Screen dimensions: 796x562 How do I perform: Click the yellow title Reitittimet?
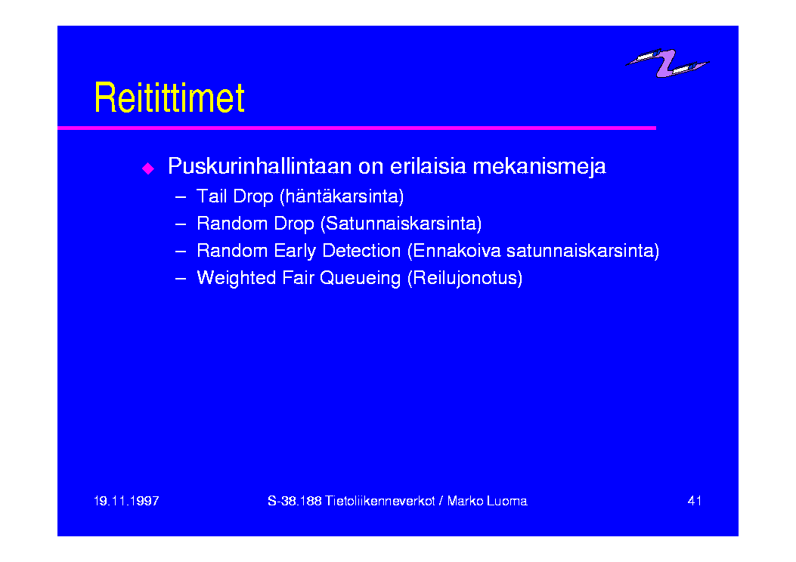tap(169, 97)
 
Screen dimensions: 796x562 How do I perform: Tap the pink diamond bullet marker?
tap(148, 168)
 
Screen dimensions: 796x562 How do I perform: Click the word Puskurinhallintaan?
tap(259, 166)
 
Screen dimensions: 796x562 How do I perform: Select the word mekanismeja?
tap(539, 166)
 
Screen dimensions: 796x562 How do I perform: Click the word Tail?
tap(211, 196)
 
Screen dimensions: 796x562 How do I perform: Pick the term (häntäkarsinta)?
tap(342, 196)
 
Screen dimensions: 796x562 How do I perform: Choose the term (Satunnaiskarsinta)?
tap(401, 223)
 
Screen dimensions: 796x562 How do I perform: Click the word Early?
tap(295, 251)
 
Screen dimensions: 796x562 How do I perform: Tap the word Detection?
tap(361, 251)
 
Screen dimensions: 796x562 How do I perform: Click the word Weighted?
tap(237, 279)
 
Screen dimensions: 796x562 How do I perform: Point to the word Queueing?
tap(360, 279)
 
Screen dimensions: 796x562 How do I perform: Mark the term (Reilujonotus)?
tap(465, 278)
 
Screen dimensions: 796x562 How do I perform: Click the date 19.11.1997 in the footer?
tap(126, 501)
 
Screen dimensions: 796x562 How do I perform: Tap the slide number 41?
tap(695, 501)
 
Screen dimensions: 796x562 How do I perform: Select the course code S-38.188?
tap(295, 501)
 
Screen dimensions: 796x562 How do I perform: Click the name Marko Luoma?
tap(487, 501)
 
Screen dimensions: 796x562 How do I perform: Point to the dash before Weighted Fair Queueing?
tap(180, 279)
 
